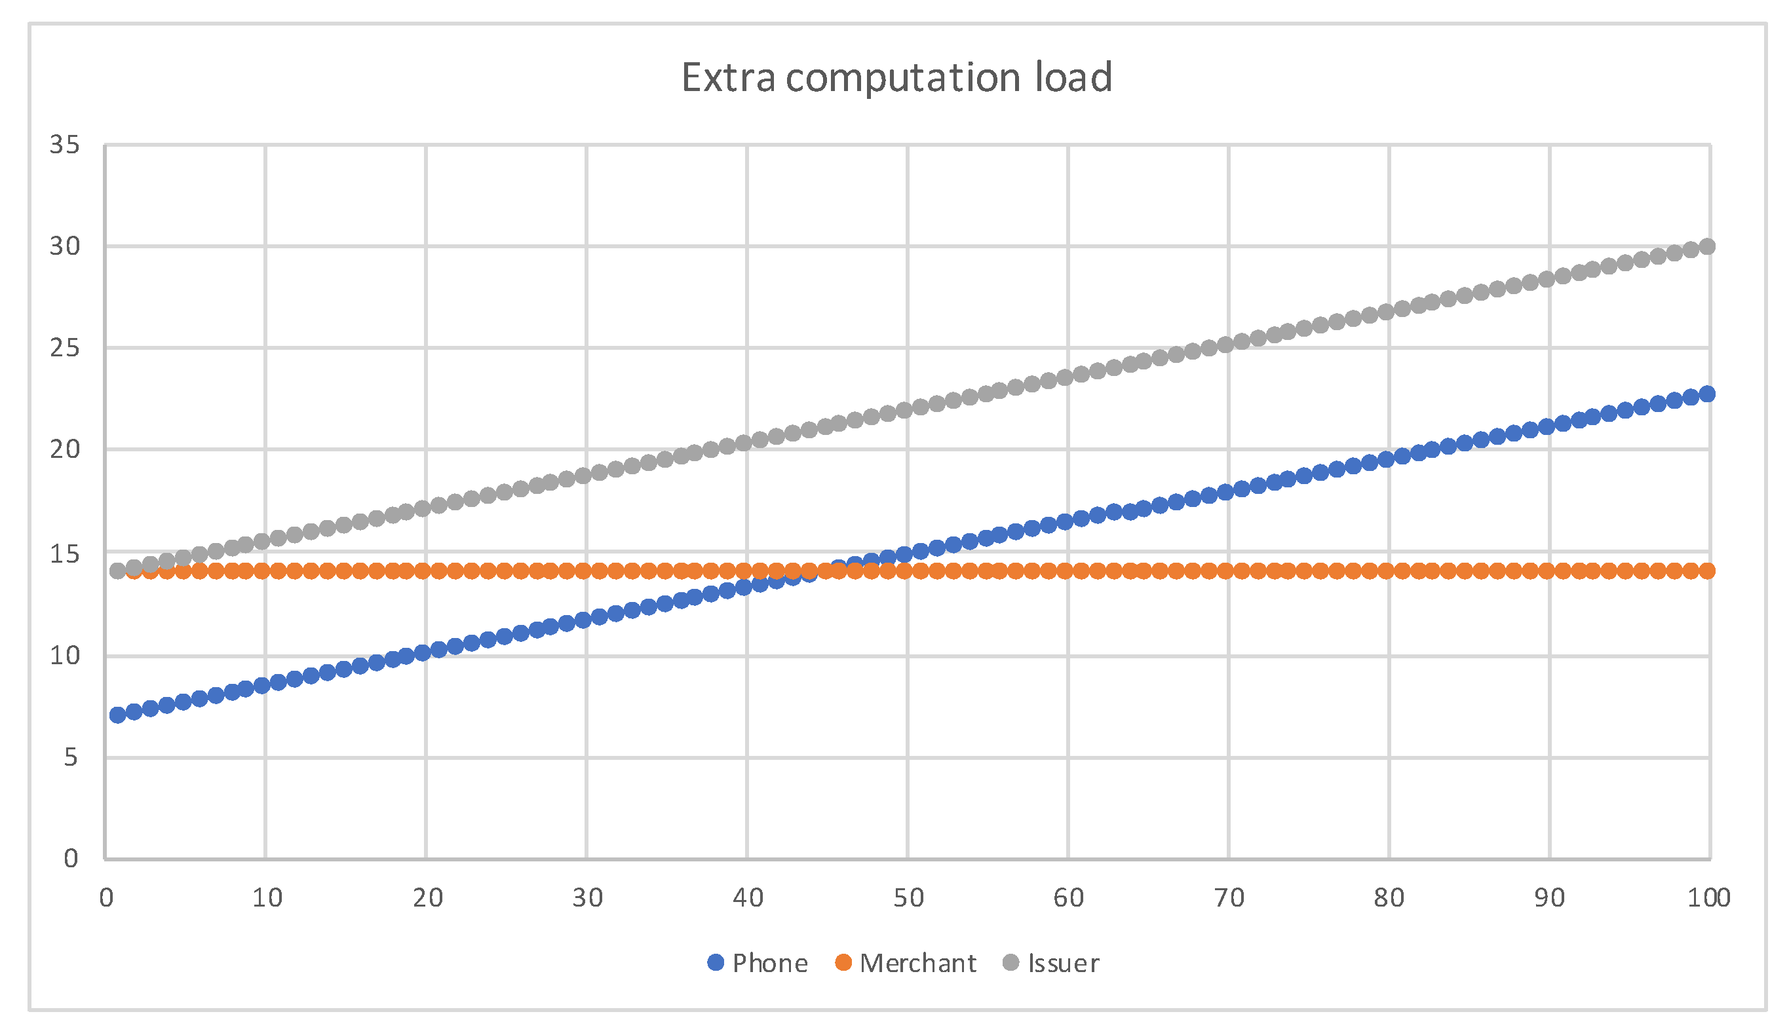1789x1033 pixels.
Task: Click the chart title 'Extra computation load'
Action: (896, 77)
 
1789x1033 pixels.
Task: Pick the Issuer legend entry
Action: (1051, 963)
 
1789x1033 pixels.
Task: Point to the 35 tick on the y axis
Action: (65, 145)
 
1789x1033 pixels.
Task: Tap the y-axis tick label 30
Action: (65, 246)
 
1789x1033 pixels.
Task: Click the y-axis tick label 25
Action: (65, 348)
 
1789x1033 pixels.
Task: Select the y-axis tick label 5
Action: (70, 757)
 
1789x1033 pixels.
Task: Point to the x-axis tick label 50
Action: (908, 898)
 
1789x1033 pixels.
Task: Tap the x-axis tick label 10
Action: (267, 898)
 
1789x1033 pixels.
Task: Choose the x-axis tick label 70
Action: (1229, 898)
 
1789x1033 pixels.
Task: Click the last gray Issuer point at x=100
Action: (1707, 246)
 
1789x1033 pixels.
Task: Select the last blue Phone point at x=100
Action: (1707, 394)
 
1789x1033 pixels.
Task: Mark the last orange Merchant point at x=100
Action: (1707, 571)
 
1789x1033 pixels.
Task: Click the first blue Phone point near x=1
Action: (118, 715)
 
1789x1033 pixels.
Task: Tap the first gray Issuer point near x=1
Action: (118, 570)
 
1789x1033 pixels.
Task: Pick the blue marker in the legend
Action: (716, 963)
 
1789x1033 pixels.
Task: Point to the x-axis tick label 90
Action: (1549, 898)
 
